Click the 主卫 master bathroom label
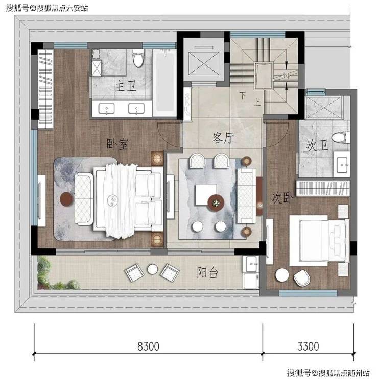click(125, 86)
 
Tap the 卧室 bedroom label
click(117, 144)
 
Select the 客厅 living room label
click(223, 138)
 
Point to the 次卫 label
click(317, 145)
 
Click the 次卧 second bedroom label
click(282, 198)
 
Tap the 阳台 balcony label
click(207, 272)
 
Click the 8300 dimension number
click(148, 346)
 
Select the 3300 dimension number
click(308, 346)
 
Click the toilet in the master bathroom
click(138, 58)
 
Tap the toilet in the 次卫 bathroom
click(341, 137)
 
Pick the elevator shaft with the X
click(204, 64)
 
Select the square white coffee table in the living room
click(206, 194)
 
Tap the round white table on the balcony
click(153, 269)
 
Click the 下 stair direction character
click(243, 95)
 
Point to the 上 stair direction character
click(257, 103)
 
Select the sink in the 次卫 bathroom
click(342, 164)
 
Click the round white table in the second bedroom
click(282, 275)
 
